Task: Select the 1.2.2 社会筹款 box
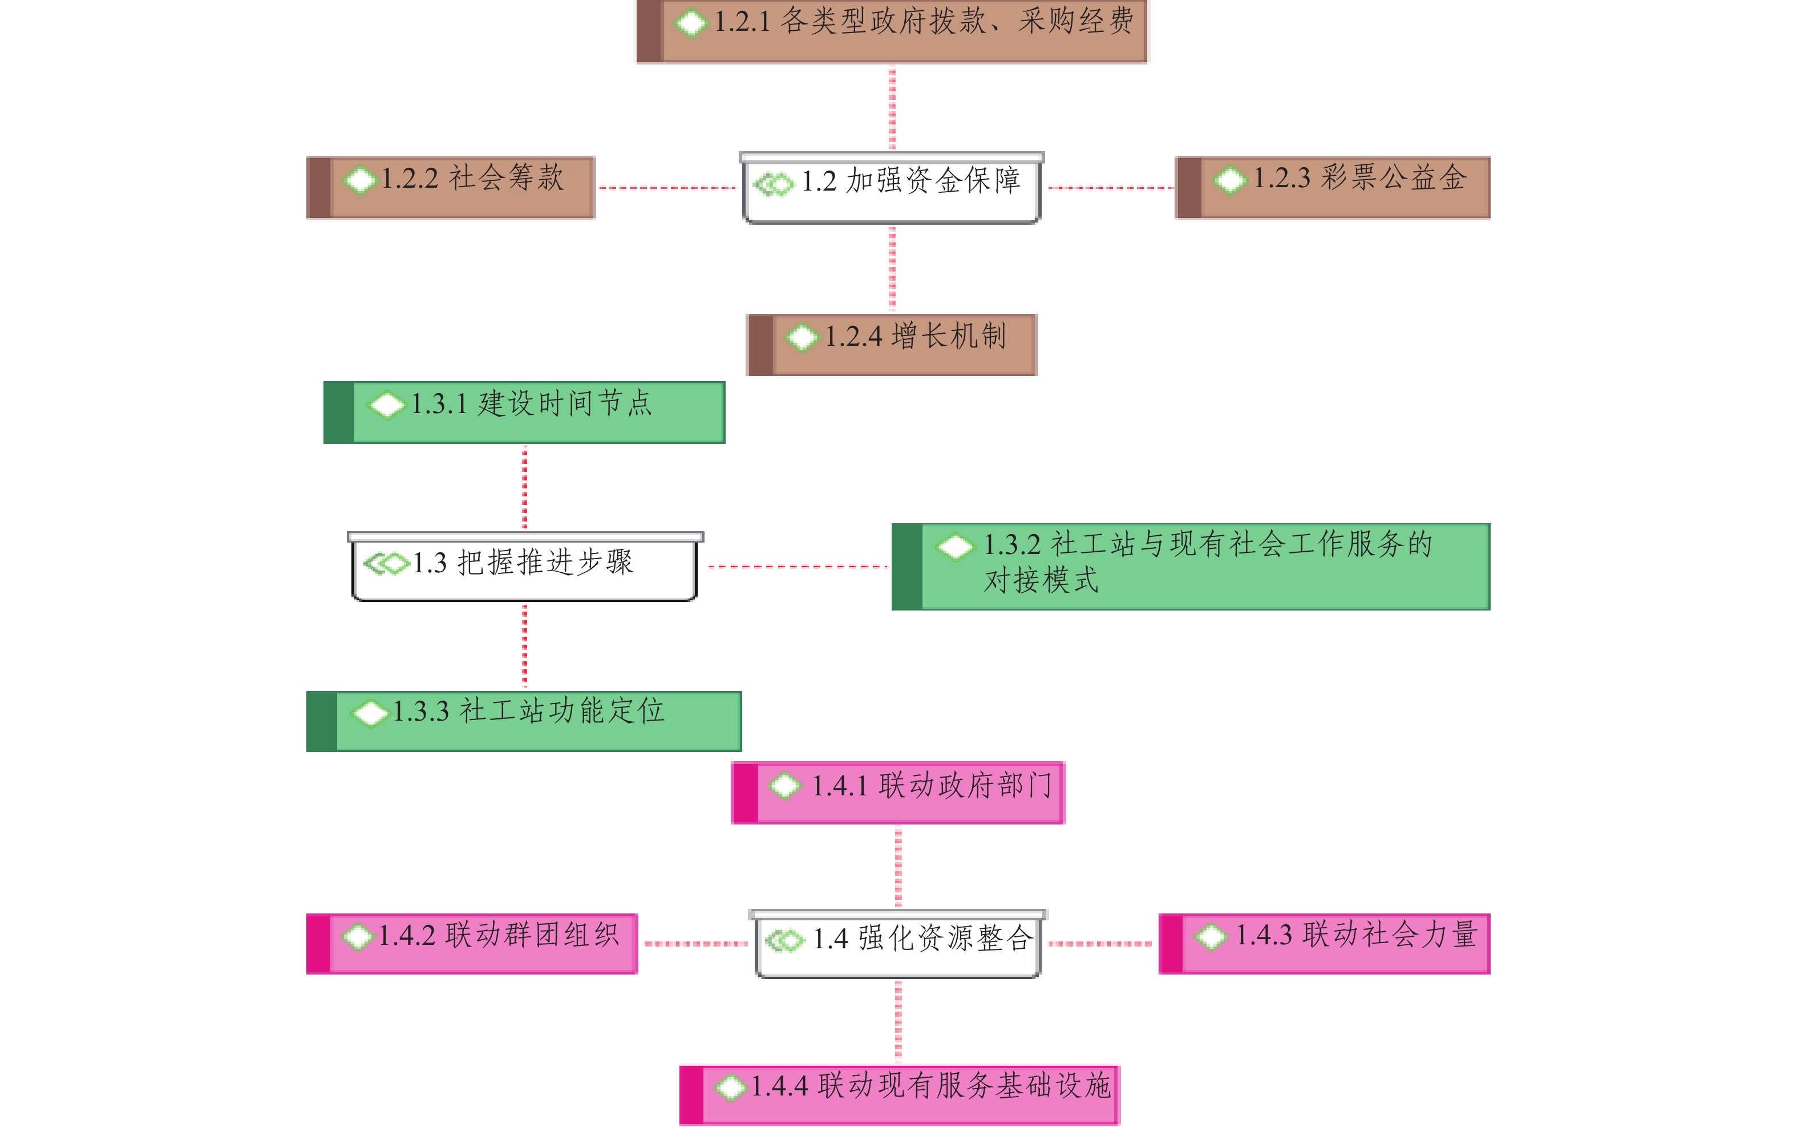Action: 451,187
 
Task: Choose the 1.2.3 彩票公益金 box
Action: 1331,187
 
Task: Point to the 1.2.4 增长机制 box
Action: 892,344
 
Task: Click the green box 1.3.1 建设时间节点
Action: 524,412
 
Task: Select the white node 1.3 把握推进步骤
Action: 524,568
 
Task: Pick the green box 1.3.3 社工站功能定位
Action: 524,721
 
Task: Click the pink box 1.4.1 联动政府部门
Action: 897,793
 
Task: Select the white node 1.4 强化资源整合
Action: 897,944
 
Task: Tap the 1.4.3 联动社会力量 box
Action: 1324,943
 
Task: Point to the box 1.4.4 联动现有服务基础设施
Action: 899,1094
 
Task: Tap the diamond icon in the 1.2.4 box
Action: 802,337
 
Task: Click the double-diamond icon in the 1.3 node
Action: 386,563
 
